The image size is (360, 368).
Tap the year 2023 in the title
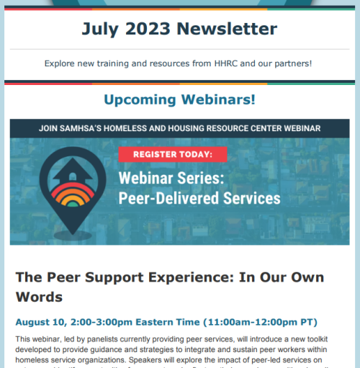[x=150, y=29]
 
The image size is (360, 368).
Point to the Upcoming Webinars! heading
[x=179, y=99]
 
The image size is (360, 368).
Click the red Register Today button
[x=172, y=154]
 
